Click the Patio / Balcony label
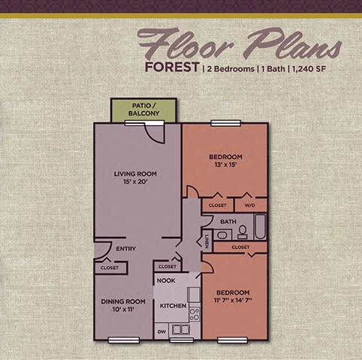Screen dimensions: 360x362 tap(143, 109)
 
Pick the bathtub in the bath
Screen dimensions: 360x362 tap(258, 226)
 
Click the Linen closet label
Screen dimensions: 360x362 tap(206, 241)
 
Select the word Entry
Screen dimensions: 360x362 tap(125, 249)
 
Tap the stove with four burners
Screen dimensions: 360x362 tap(194, 313)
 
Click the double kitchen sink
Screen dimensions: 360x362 tap(180, 329)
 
